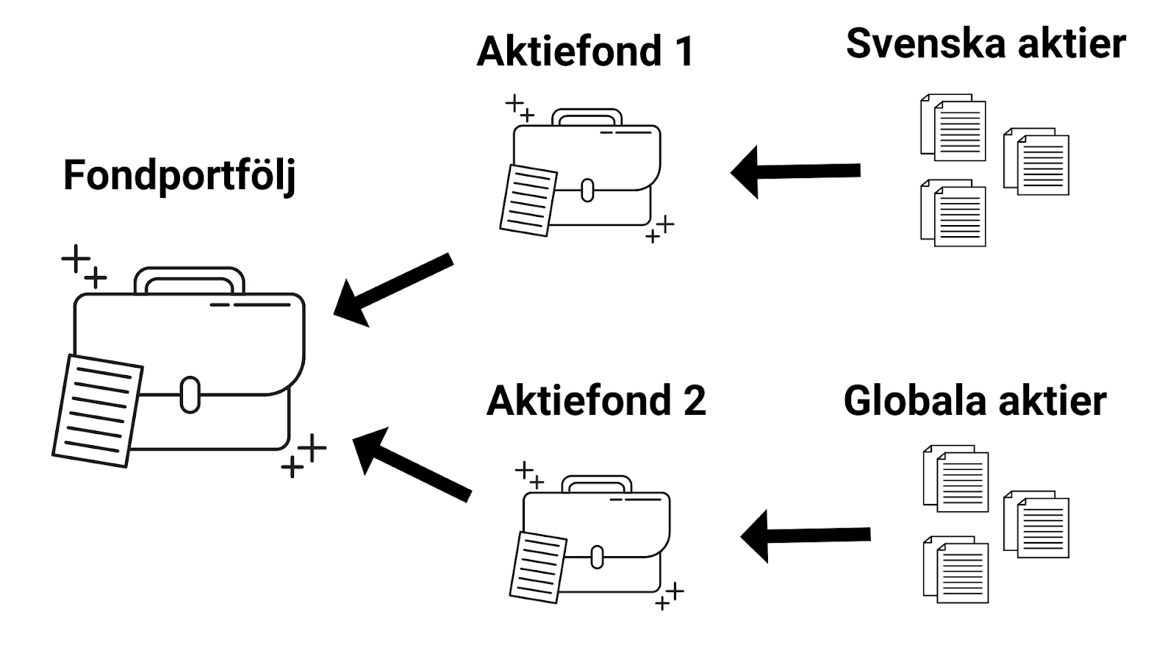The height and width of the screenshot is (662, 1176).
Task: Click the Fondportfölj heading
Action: (x=179, y=177)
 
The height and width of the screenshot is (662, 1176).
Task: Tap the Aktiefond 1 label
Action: (x=585, y=51)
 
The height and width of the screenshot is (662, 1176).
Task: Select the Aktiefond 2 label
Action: (x=596, y=401)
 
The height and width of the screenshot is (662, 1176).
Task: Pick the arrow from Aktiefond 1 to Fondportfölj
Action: (x=393, y=290)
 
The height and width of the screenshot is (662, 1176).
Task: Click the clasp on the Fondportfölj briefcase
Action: (x=190, y=394)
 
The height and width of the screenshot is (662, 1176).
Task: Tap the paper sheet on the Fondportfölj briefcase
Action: (x=98, y=411)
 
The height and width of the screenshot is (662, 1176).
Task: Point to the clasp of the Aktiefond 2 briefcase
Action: (x=597, y=557)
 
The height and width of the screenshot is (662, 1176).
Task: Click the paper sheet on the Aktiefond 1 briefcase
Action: (x=528, y=200)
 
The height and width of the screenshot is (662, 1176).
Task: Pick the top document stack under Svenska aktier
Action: (x=953, y=128)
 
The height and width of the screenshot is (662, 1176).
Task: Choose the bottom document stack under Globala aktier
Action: (x=955, y=569)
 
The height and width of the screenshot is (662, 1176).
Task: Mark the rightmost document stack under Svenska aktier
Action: (x=1036, y=161)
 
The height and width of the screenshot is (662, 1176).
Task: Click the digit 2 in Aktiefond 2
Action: (x=694, y=401)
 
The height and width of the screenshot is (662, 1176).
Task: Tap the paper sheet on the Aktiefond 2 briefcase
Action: (x=538, y=567)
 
